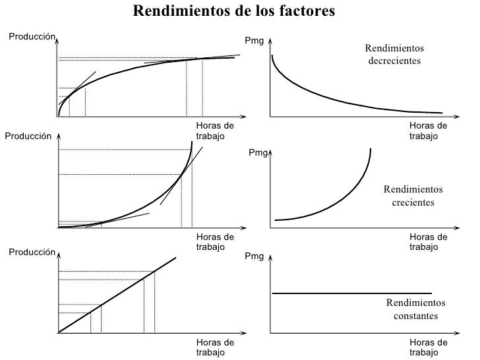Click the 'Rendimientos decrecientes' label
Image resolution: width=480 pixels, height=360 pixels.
pos(394,54)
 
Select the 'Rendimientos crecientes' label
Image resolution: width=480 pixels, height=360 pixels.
pos(413,196)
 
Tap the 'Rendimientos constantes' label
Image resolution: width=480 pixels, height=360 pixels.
pos(415,309)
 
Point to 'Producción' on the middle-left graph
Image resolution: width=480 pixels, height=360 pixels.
pos(28,136)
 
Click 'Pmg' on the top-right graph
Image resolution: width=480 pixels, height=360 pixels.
pos(254,42)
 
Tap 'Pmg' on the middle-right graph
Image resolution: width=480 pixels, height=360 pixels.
pos(258,153)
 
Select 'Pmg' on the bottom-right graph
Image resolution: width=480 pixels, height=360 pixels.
pos(254,256)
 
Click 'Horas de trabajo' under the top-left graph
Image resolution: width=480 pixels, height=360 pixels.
pos(214,131)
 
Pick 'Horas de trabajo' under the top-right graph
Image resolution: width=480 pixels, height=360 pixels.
pos(427,131)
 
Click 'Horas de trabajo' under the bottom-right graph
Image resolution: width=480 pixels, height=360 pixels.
pos(427,347)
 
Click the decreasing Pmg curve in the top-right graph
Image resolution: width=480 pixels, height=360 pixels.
pos(330,96)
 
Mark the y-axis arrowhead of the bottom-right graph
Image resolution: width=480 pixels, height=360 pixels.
pos(270,260)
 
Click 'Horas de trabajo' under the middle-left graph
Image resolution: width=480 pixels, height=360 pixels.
pos(214,241)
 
